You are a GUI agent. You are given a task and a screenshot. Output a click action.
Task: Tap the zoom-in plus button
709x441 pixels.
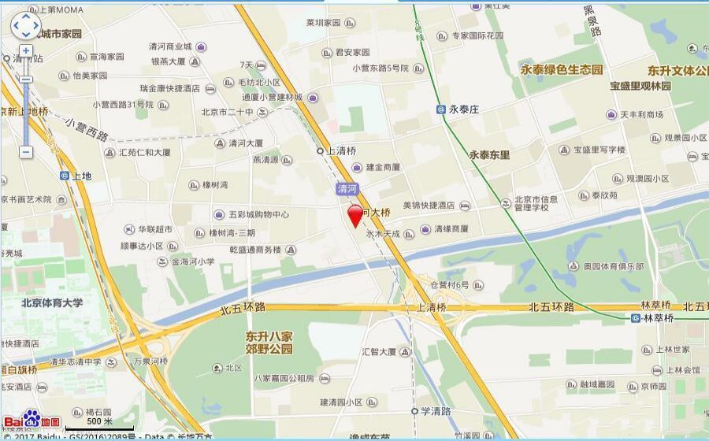click(x=26, y=51)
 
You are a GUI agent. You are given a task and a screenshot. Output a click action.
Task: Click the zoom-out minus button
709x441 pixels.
click(x=26, y=151)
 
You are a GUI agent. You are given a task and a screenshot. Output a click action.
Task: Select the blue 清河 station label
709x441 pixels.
click(x=347, y=188)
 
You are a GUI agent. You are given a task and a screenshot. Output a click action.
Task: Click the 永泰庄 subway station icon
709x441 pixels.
click(x=441, y=110)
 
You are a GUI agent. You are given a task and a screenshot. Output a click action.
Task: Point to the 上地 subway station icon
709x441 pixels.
click(x=65, y=176)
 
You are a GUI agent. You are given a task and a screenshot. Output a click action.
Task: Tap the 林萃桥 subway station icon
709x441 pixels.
click(x=635, y=317)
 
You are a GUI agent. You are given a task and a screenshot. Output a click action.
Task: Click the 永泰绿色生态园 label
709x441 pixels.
click(x=562, y=69)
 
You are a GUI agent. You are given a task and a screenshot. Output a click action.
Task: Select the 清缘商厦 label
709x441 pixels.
click(x=451, y=228)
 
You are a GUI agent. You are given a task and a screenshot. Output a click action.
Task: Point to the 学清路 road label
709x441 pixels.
click(x=434, y=411)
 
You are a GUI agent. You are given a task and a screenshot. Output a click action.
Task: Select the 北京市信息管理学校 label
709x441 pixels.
click(x=536, y=203)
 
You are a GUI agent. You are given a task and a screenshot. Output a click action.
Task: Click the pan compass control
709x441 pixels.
click(x=25, y=26)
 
